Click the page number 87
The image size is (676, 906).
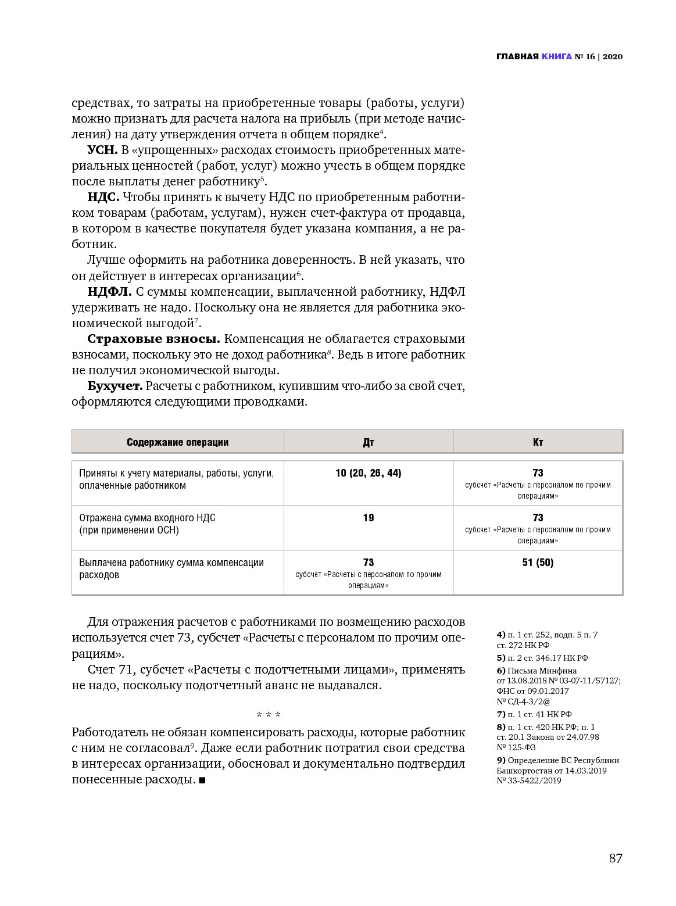coord(616,858)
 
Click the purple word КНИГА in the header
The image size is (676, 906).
coord(557,57)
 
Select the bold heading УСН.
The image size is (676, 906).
coord(102,151)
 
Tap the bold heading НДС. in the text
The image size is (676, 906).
coord(103,196)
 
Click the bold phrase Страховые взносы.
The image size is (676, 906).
coord(153,339)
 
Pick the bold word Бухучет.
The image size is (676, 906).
coord(115,386)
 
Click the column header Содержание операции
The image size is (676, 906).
coord(177,442)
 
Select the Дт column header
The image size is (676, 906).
coord(369,442)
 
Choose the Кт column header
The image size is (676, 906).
coord(538,442)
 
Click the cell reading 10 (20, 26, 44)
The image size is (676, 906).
coord(369,473)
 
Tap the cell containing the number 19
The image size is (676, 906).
coord(369,518)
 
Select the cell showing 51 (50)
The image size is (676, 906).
coord(538,563)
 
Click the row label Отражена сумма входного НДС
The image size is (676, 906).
coord(147,518)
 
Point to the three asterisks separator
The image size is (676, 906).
coord(269,714)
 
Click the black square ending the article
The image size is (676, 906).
coord(202,780)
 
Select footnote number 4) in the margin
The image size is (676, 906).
coord(500,635)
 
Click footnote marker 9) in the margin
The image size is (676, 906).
coord(500,760)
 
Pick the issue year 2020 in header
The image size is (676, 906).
coord(613,57)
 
